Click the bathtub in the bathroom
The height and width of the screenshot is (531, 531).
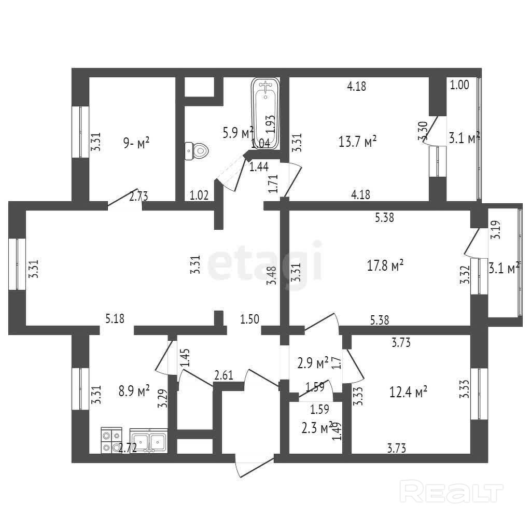[266, 112]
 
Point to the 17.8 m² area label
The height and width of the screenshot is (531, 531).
[385, 266]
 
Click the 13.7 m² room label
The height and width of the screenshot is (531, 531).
[357, 141]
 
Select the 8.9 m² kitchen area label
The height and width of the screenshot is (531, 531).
[134, 390]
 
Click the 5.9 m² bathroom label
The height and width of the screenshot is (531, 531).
[237, 132]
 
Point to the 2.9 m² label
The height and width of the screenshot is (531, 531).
[313, 362]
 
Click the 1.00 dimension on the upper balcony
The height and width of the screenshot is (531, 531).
[459, 86]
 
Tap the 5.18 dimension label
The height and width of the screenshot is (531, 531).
[115, 318]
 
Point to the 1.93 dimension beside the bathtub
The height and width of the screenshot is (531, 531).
[270, 124]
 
